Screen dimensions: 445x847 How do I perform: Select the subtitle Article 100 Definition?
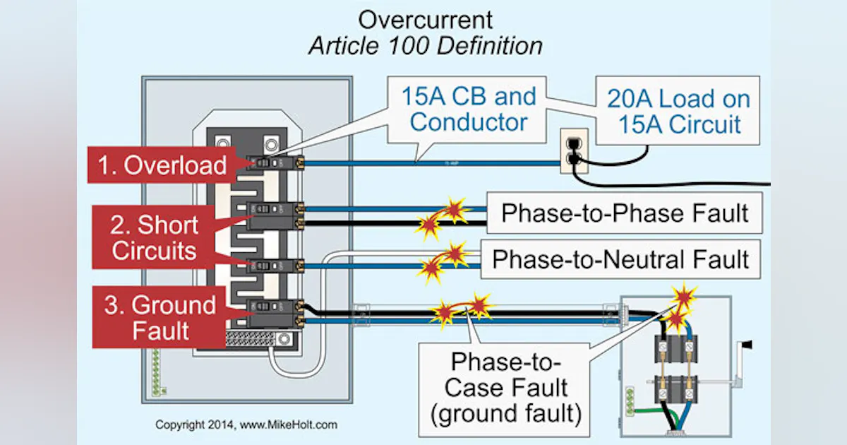(426, 46)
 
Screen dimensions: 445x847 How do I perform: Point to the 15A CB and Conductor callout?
(469, 109)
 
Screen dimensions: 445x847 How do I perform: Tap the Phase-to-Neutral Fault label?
(620, 259)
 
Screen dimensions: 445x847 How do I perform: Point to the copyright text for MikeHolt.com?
(246, 425)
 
